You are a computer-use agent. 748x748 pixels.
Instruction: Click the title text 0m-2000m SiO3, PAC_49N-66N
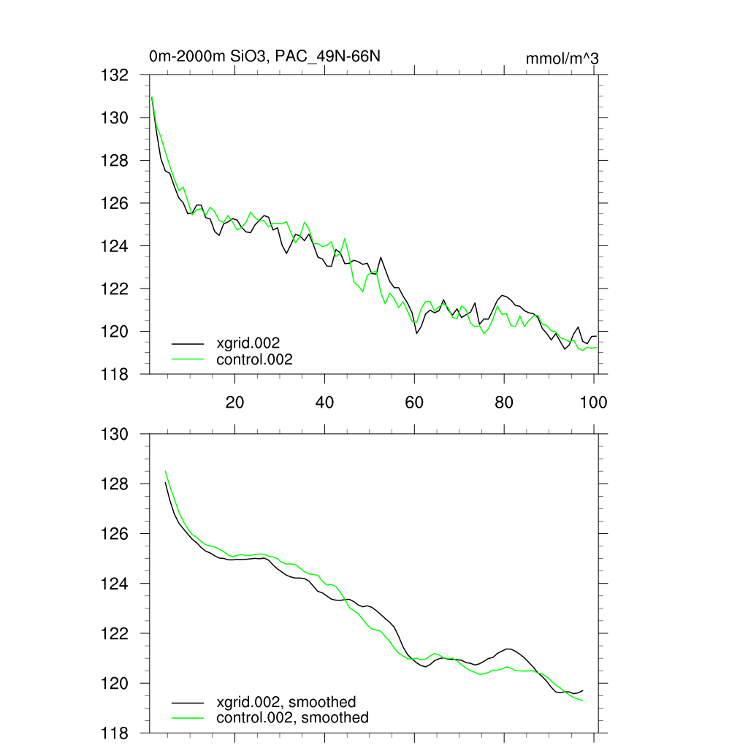[269, 56]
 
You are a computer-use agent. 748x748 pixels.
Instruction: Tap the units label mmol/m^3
[562, 58]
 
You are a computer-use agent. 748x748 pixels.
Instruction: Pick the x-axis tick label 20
[234, 402]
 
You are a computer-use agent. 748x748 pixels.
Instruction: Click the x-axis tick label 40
[324, 402]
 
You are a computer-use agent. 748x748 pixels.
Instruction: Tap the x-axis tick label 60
[414, 402]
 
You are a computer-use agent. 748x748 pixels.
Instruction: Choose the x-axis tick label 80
[504, 402]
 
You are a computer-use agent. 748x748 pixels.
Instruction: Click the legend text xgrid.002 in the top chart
[248, 342]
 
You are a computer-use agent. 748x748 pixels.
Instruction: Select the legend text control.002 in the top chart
[254, 359]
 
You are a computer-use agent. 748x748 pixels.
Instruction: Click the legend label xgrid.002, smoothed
[286, 702]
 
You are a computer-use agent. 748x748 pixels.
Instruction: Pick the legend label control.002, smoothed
[292, 718]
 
